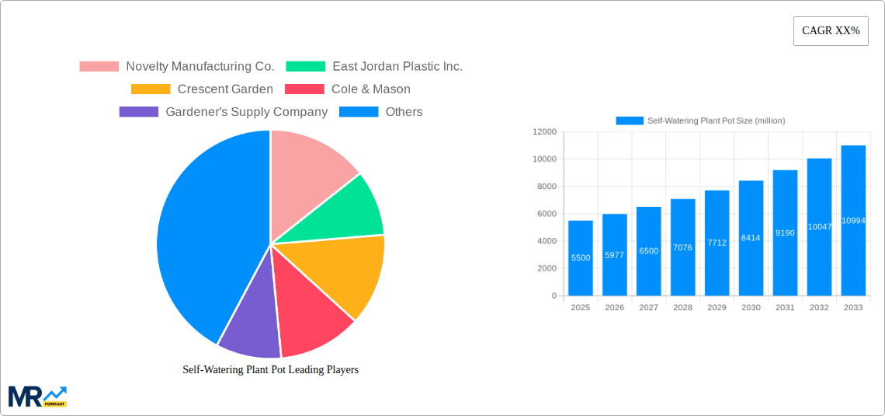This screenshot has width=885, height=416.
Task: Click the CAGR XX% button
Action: click(831, 31)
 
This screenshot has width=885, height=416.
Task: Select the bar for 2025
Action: click(581, 258)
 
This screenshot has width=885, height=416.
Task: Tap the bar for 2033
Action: click(853, 221)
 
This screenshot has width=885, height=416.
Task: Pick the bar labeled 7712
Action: click(717, 243)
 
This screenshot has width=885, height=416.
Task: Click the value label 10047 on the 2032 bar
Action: click(819, 226)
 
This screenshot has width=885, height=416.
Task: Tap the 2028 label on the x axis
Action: click(682, 308)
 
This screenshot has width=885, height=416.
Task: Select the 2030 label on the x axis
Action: click(751, 308)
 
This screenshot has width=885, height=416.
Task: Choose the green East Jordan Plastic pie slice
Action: click(353, 210)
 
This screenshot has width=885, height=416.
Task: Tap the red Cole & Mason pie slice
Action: click(311, 315)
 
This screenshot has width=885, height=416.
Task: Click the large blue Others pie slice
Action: click(206, 233)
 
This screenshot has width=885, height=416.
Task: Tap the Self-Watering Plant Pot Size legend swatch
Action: click(630, 121)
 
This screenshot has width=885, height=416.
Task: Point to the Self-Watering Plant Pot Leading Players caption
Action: click(270, 370)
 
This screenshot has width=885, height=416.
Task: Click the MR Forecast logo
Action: click(37, 396)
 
